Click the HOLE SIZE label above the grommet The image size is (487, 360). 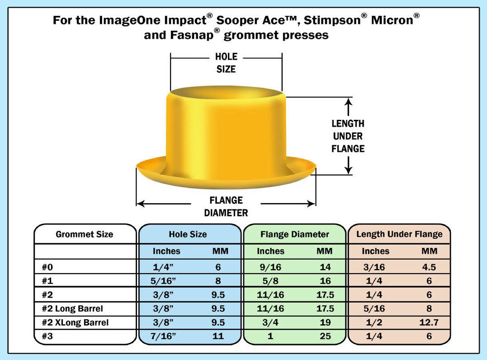226,63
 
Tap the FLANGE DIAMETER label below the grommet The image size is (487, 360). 226,206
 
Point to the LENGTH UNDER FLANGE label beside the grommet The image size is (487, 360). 348,136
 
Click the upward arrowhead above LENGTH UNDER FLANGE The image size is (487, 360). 349,102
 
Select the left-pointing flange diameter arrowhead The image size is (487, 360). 140,204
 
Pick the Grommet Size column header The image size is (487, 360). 85,234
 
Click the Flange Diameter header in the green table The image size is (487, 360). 294,234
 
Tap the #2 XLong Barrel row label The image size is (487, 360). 75,322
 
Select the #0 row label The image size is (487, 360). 47,267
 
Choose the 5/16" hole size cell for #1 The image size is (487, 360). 163,281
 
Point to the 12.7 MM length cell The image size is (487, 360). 429,322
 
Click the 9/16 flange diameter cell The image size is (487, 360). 270,267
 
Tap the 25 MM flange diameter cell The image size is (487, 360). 325,336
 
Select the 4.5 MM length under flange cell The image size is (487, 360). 429,267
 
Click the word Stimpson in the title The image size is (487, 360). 332,20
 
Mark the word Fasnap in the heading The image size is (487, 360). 192,35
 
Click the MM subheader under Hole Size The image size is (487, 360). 220,251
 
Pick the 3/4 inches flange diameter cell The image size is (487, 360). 270,322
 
